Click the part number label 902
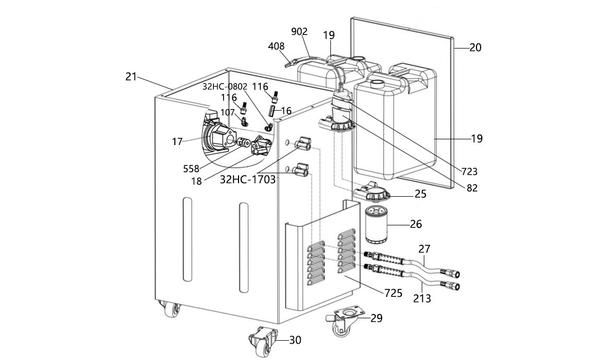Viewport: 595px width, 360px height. click(x=299, y=31)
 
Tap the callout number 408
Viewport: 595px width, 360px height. click(x=276, y=46)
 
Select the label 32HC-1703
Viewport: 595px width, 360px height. click(x=248, y=179)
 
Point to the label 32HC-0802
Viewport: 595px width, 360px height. click(x=224, y=87)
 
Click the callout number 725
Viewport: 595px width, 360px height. click(x=393, y=293)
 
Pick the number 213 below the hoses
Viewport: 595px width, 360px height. click(x=422, y=299)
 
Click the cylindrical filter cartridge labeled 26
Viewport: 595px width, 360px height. click(x=376, y=224)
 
